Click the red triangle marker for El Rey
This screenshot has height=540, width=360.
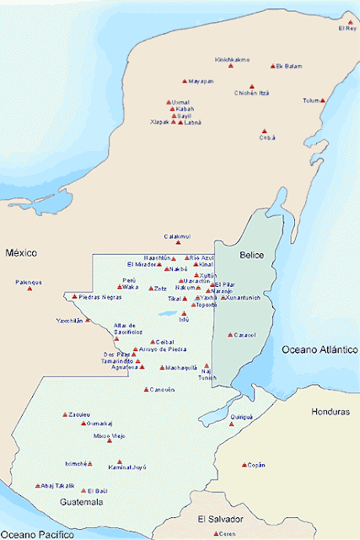(350, 22)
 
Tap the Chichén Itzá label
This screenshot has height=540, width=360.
(252, 93)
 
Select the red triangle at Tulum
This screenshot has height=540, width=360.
(322, 100)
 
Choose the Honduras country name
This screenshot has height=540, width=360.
(329, 413)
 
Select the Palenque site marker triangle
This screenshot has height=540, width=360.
(29, 289)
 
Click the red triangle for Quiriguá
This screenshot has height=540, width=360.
(232, 424)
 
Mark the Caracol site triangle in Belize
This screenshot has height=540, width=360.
(230, 334)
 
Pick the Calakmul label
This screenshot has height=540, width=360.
(178, 236)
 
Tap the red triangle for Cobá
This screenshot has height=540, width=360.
(264, 131)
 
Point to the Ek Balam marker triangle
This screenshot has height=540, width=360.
(272, 66)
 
